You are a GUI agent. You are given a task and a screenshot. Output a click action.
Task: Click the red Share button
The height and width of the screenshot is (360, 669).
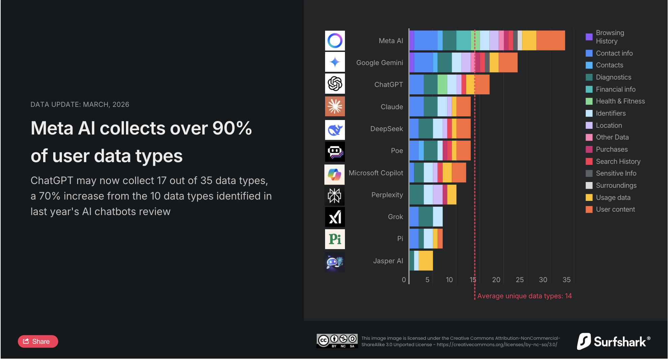[38, 341]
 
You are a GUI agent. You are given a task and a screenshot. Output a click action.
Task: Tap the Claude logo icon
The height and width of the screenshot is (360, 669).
[335, 107]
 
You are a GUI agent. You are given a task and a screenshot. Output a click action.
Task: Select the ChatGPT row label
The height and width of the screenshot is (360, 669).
[388, 85]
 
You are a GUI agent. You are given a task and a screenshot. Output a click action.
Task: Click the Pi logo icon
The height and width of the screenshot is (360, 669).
[335, 239]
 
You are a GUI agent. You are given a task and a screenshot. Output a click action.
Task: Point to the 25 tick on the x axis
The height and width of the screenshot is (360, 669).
[519, 280]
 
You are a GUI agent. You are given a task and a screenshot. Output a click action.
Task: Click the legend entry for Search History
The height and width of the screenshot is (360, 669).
[618, 161]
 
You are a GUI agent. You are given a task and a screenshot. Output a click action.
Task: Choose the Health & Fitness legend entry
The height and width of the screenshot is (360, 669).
[620, 101]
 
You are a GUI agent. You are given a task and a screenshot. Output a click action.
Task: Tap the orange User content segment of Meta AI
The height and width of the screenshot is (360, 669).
[550, 40]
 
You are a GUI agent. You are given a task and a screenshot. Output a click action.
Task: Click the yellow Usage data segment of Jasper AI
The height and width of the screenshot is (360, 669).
[425, 261]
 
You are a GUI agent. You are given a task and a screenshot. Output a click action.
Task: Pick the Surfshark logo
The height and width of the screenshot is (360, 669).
[614, 341]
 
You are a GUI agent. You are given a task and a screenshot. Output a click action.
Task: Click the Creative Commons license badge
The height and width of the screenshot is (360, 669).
[337, 341]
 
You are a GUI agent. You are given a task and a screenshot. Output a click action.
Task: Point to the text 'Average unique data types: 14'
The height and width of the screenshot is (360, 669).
[524, 296]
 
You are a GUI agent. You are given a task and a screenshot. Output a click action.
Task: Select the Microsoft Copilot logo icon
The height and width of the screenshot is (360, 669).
[334, 175]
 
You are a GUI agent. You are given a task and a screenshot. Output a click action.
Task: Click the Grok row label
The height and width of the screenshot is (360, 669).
[395, 217]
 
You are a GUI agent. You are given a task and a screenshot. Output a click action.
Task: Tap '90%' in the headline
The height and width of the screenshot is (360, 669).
[232, 128]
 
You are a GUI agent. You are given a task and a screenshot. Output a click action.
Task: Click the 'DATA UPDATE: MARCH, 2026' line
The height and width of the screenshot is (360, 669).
[80, 104]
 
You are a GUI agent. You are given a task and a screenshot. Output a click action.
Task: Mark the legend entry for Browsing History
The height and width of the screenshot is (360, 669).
[609, 37]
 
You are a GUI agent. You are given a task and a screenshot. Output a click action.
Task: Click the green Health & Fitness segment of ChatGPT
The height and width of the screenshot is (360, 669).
[442, 85]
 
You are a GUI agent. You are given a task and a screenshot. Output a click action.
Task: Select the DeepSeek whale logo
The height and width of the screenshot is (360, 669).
[335, 130]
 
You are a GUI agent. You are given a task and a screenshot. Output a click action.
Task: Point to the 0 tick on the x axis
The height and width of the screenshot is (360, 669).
[404, 280]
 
